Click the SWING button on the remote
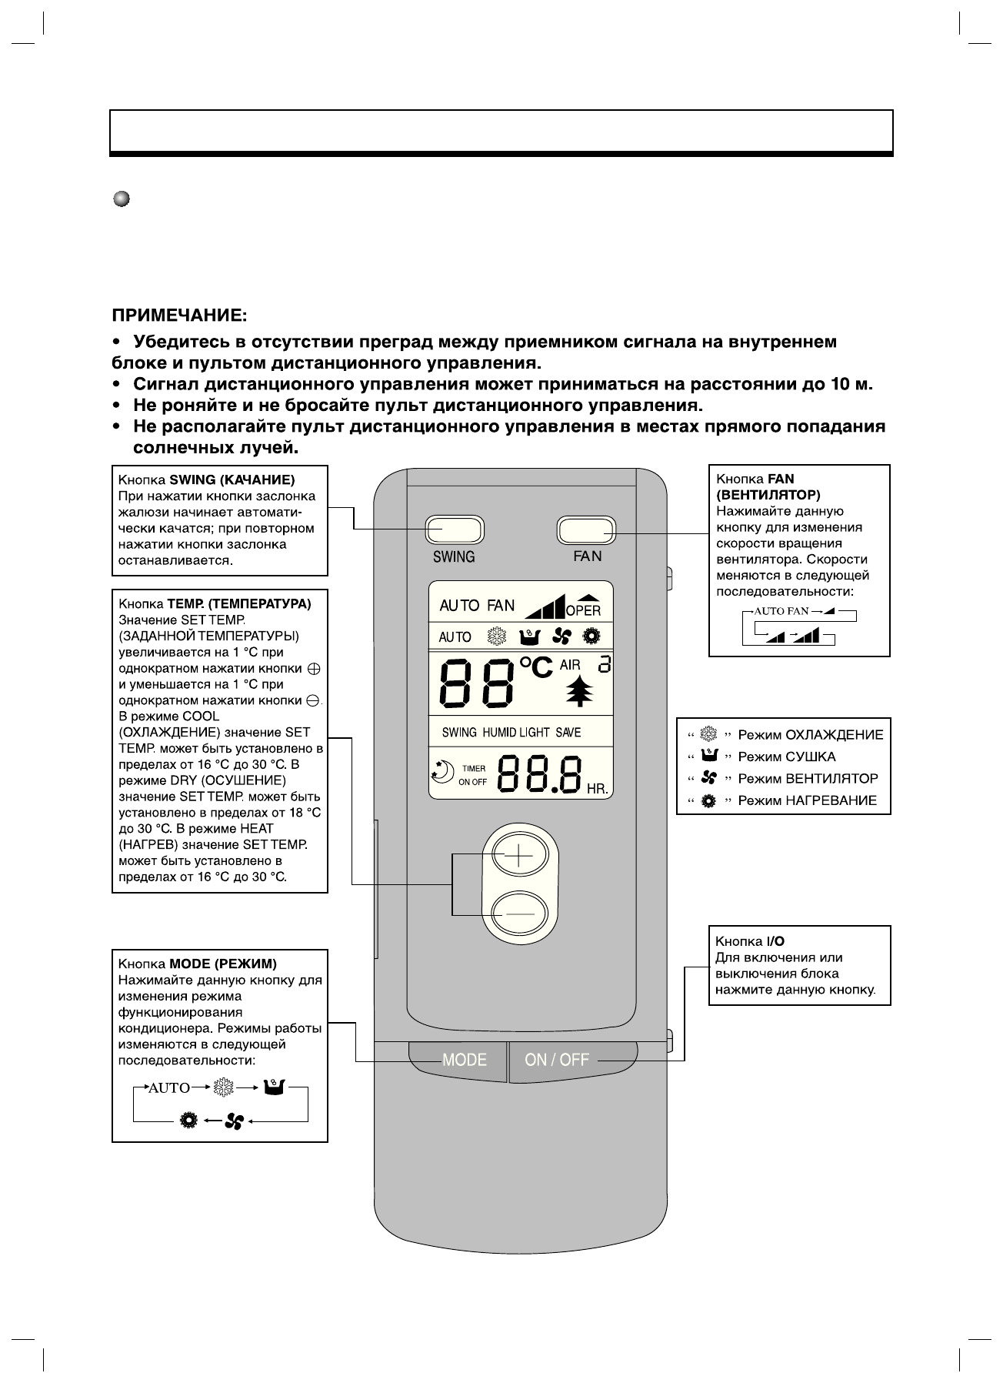[x=454, y=529]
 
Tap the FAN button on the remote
[x=586, y=529]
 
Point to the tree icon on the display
[x=581, y=692]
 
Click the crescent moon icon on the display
[x=442, y=769]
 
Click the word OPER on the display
[x=583, y=611]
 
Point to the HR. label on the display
[x=597, y=790]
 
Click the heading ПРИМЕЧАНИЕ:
[x=180, y=316]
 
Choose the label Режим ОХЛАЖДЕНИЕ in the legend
[x=811, y=734]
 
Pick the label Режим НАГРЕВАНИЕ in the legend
[x=807, y=800]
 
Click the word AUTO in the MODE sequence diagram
[x=168, y=1088]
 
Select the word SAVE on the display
[x=568, y=732]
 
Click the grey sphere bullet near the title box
[x=122, y=199]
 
